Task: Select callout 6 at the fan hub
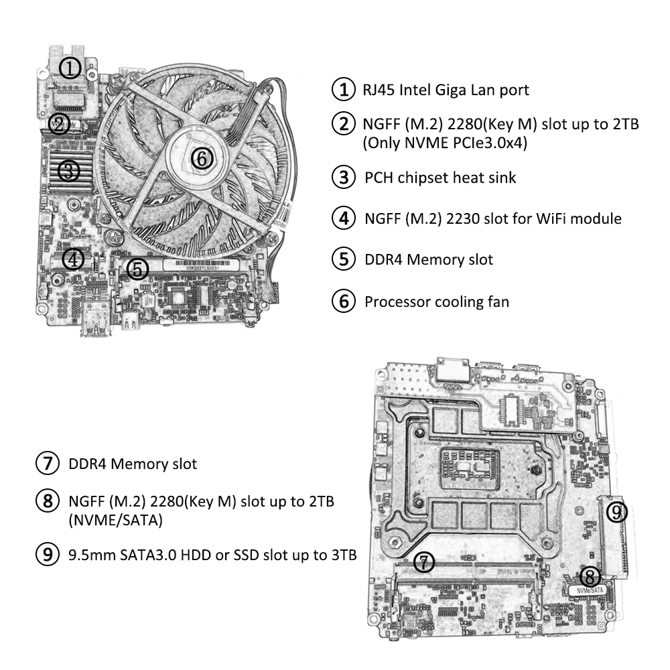[202, 158]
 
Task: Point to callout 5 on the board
[137, 269]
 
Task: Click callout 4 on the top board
[74, 258]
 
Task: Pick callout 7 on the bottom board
[423, 562]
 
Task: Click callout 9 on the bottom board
[616, 513]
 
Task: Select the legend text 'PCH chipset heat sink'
[440, 178]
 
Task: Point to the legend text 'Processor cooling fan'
[436, 301]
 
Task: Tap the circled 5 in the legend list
[344, 259]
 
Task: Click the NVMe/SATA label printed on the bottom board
[590, 590]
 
